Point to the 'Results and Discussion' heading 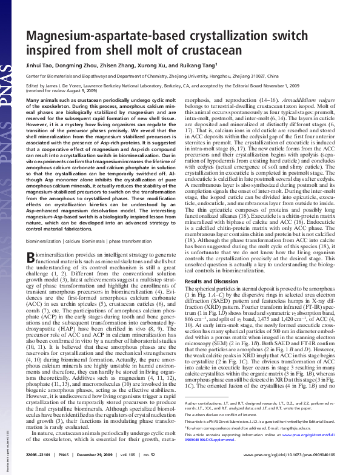[x=209, y=282]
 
